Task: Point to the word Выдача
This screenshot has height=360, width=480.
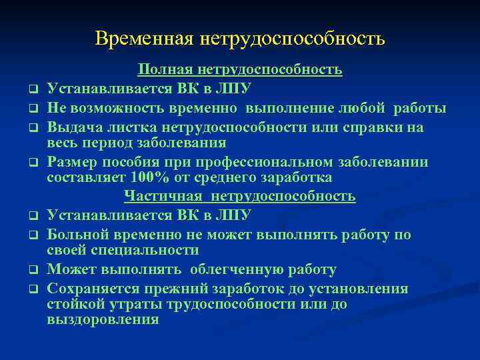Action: click(72, 127)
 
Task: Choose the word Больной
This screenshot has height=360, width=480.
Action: click(76, 235)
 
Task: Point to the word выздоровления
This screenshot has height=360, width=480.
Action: click(103, 319)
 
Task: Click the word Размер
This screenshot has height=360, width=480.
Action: click(74, 163)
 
